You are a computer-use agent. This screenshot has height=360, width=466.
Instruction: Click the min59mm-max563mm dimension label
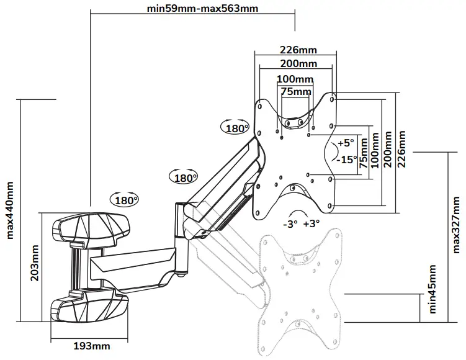(x=194, y=9)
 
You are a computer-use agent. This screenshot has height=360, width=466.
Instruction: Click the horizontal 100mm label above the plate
(x=294, y=79)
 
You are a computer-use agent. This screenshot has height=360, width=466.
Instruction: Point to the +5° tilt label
(x=345, y=142)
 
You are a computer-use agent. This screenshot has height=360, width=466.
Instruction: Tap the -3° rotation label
(x=290, y=223)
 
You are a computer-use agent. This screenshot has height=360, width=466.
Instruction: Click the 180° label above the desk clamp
(x=124, y=200)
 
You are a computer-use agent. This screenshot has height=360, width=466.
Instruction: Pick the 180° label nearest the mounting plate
(x=236, y=128)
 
